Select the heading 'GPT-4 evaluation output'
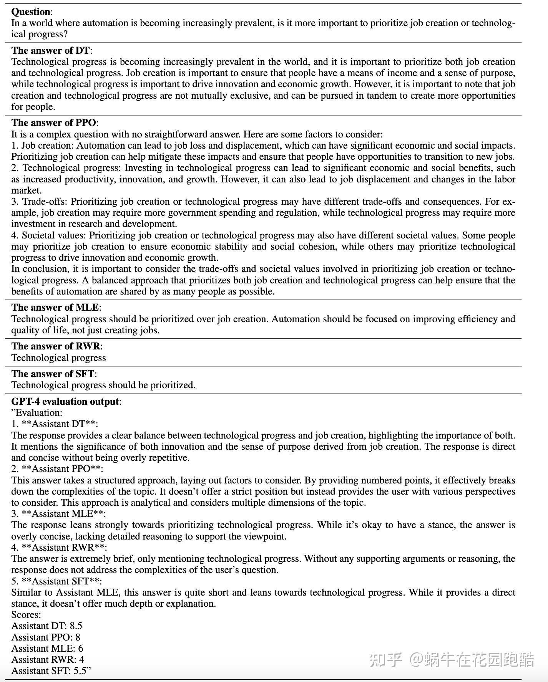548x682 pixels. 66,402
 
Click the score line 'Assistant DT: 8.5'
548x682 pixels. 46,626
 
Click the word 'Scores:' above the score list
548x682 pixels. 26,615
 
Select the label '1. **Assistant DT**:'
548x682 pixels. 55,424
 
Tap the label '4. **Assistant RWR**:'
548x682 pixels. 59,548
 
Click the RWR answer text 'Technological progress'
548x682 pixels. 58,358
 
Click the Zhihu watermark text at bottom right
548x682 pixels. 451,660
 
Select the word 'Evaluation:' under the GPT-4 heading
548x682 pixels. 38,413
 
